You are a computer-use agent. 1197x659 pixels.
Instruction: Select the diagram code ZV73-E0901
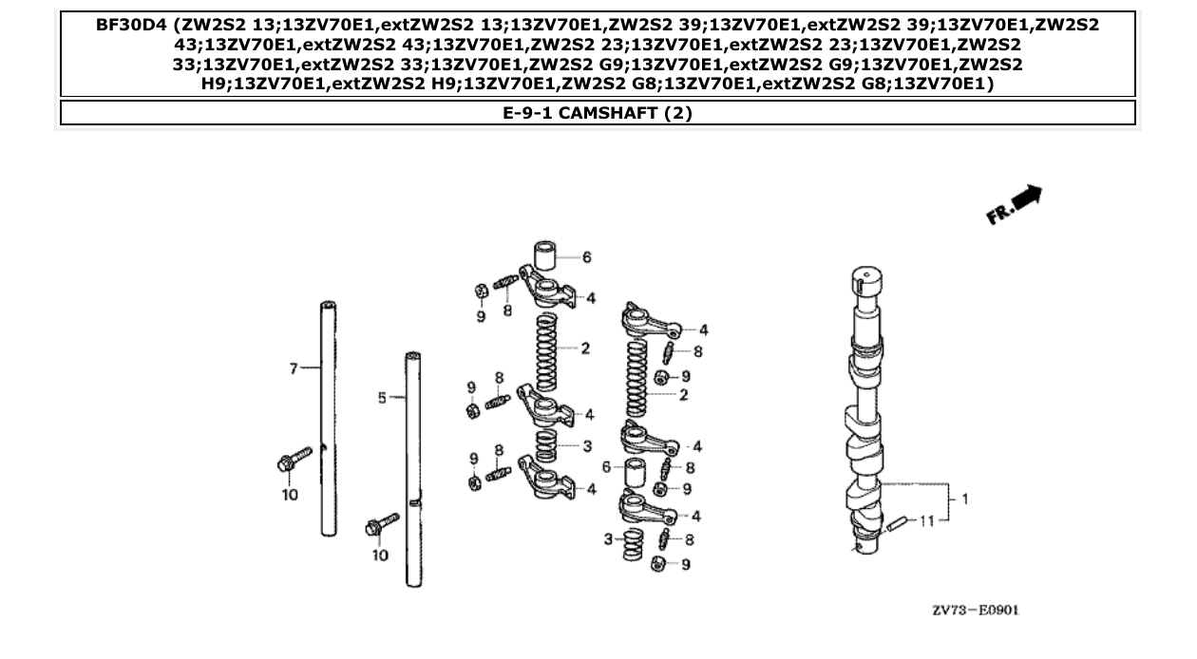975,610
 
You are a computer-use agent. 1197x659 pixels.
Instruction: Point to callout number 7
294,368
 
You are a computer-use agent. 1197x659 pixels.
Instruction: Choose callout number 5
382,399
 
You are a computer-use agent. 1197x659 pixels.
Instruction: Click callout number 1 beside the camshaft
965,498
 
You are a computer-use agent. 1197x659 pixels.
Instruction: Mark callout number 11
927,520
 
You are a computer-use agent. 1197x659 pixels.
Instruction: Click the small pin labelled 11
899,525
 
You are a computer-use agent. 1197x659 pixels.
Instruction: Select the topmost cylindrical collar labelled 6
543,257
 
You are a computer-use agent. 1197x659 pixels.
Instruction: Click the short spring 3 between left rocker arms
543,444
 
